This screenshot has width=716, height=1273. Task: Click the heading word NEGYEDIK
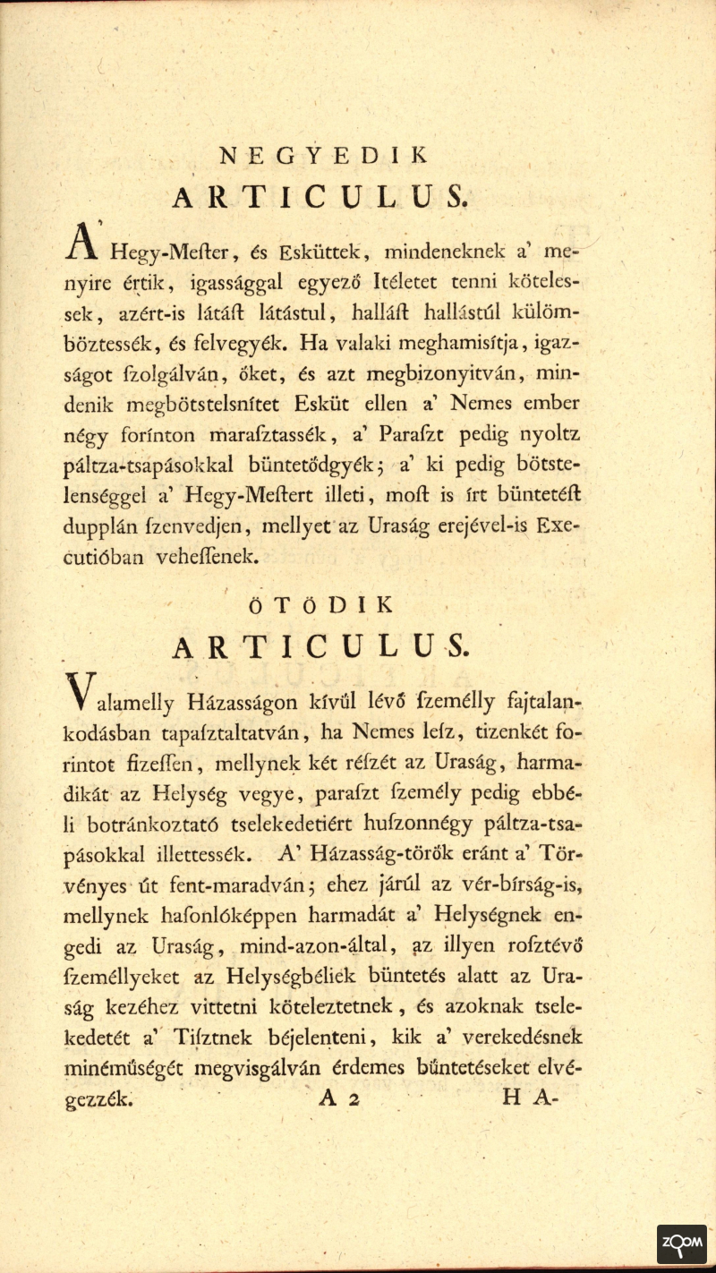click(x=322, y=153)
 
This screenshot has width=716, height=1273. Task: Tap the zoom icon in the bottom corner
click(x=682, y=1244)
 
